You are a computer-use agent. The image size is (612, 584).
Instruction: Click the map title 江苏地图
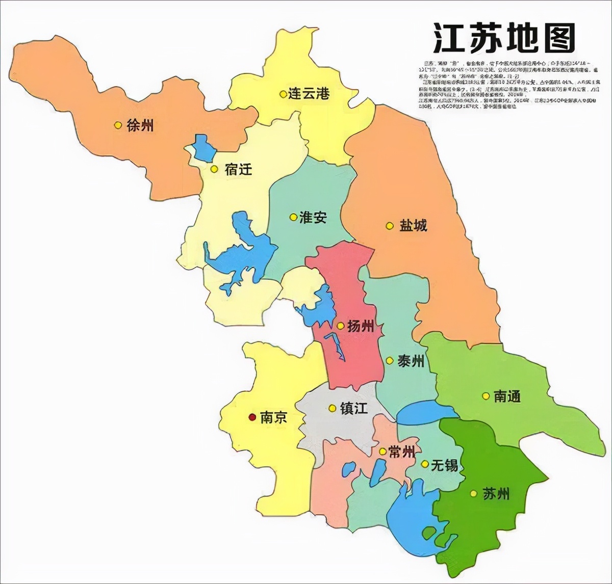tap(504, 38)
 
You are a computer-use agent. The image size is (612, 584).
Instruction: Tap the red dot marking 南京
tap(251, 417)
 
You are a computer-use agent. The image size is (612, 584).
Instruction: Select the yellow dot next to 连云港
tap(283, 94)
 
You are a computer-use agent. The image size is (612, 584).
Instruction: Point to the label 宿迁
tap(238, 169)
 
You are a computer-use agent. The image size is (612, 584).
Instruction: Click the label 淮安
tap(313, 218)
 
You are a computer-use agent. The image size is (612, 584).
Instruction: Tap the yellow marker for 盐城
tap(390, 225)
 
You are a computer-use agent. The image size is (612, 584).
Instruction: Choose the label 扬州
tap(361, 326)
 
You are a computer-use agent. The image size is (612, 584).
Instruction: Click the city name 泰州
tap(411, 361)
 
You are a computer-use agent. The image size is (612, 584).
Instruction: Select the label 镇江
tap(353, 408)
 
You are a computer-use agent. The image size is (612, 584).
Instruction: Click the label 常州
tap(401, 452)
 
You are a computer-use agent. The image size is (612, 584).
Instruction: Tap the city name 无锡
tap(444, 465)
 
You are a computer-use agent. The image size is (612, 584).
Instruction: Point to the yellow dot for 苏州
tap(474, 493)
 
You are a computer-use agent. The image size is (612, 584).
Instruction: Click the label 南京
tap(273, 417)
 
